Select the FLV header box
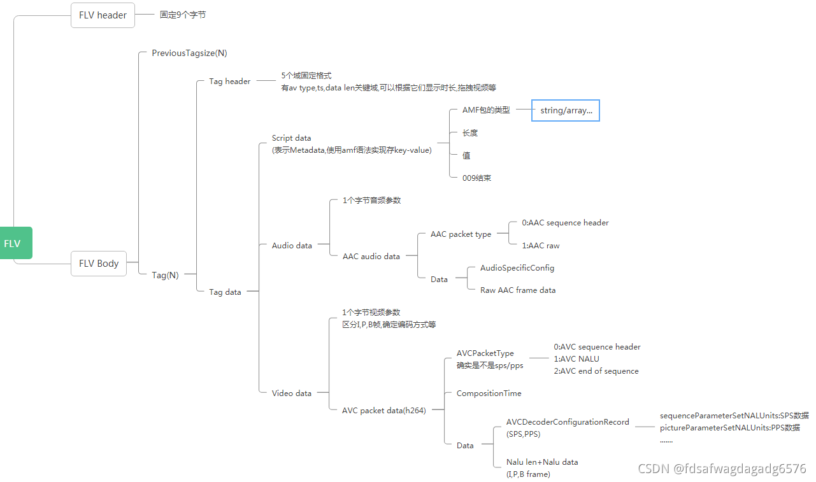pyautogui.click(x=103, y=15)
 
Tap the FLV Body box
pyautogui.click(x=99, y=263)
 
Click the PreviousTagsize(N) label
pyautogui.click(x=189, y=53)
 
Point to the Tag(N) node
pyautogui.click(x=165, y=275)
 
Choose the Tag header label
pyautogui.click(x=230, y=82)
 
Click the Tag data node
pyautogui.click(x=225, y=292)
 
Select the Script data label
pyautogui.click(x=291, y=138)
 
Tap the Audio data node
pyautogui.click(x=292, y=245)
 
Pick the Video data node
pyautogui.click(x=292, y=393)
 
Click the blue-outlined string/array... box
pyautogui.click(x=566, y=110)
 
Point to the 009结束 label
pyautogui.click(x=476, y=178)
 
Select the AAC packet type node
pyautogui.click(x=461, y=234)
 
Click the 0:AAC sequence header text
pyautogui.click(x=565, y=223)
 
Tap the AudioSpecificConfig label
pyautogui.click(x=517, y=268)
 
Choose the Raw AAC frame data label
pyautogui.click(x=518, y=290)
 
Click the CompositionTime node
pyautogui.click(x=489, y=393)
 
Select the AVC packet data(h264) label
pyautogui.click(x=383, y=410)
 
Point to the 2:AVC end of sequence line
pyautogui.click(x=596, y=371)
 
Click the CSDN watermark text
pyautogui.click(x=722, y=469)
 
